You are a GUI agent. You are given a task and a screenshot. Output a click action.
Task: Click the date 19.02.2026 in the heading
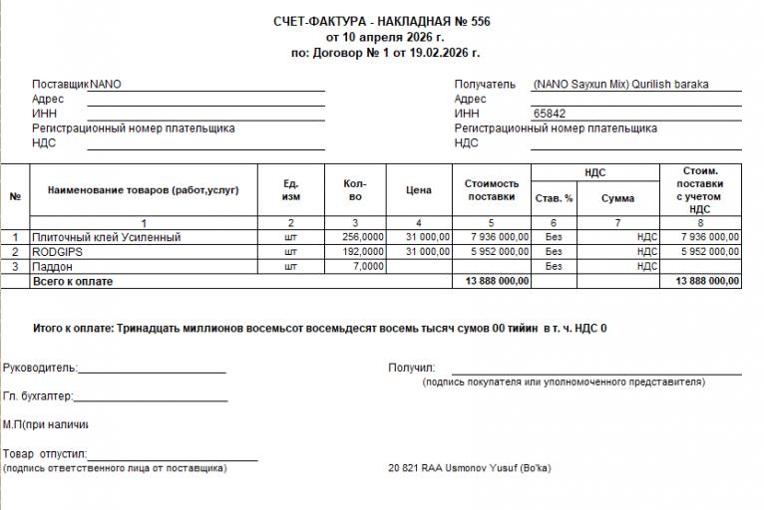tap(439, 53)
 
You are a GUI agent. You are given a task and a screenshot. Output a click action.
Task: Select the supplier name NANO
tap(106, 85)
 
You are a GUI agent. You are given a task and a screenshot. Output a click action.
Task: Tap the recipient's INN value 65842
tap(550, 114)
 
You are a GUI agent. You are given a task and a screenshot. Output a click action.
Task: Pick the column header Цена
tap(419, 189)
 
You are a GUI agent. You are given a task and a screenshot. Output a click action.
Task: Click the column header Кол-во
tap(354, 189)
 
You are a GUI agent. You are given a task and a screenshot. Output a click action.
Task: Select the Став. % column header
tap(555, 198)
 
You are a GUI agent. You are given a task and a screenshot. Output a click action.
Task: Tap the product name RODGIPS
tap(56, 252)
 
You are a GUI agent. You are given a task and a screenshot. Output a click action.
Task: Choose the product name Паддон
tap(52, 267)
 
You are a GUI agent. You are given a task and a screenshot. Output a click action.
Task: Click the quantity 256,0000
tap(363, 237)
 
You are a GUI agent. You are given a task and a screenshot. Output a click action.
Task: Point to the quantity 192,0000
tap(363, 252)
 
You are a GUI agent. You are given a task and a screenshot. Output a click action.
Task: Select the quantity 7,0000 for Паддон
tap(368, 267)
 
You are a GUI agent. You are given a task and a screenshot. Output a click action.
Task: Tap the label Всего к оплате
tap(73, 282)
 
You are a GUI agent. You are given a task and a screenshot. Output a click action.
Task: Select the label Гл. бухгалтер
tap(38, 396)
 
